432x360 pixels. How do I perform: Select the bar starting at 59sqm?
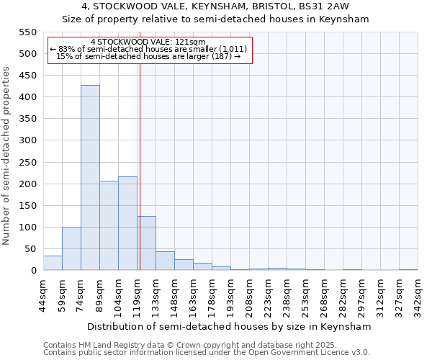(x=71, y=248)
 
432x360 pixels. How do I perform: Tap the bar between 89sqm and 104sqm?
(x=109, y=225)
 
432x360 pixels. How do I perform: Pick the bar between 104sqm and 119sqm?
(x=127, y=223)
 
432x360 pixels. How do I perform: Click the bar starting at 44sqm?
(x=53, y=263)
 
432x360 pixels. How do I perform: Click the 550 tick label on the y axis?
(x=27, y=32)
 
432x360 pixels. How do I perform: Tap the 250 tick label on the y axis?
(x=27, y=162)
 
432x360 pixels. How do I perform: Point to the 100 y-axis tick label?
(x=27, y=228)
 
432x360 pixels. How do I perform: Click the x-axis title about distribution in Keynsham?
(x=230, y=326)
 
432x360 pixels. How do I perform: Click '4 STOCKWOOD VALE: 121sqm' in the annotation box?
(x=148, y=42)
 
